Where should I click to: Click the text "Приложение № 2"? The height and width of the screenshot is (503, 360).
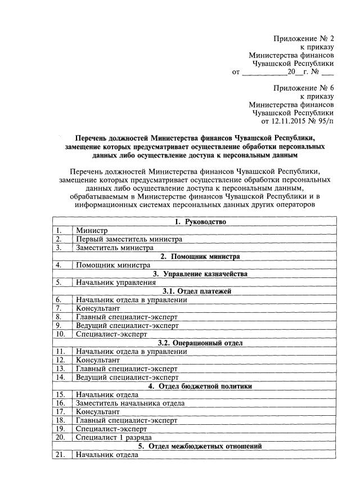303,38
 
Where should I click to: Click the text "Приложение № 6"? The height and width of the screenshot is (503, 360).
303,88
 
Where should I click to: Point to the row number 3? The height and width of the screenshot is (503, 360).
58,248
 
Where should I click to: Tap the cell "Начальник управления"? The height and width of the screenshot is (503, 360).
116,282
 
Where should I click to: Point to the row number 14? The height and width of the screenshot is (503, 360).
60,377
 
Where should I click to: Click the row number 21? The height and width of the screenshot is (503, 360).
60,455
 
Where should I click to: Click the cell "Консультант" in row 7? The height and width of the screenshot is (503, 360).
98,308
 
